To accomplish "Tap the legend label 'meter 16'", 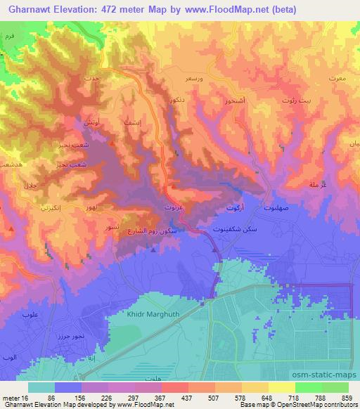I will (15, 397).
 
